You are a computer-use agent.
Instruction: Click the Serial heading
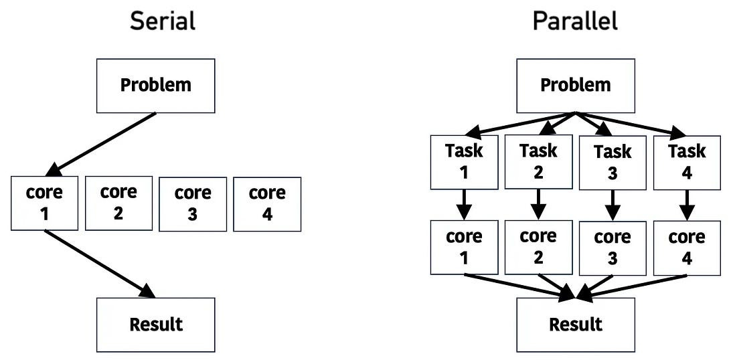(163, 21)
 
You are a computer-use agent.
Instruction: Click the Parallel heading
(575, 21)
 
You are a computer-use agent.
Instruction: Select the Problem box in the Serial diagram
(156, 85)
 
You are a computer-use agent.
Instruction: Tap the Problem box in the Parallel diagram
(576, 85)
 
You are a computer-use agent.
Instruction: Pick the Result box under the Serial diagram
(156, 325)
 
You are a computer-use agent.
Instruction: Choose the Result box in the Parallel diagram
(576, 325)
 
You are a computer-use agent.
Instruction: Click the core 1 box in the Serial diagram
(44, 203)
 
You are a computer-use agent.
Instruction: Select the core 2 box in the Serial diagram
(118, 203)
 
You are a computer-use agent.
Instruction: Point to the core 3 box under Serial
(193, 204)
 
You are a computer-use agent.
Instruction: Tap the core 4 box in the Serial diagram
(267, 204)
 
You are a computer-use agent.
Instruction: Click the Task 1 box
(464, 161)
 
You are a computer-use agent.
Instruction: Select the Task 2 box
(538, 161)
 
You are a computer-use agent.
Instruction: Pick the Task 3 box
(613, 163)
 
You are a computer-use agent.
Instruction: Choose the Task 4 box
(687, 163)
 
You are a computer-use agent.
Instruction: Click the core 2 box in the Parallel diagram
(538, 247)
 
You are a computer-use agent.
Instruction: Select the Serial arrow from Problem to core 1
(104, 143)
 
